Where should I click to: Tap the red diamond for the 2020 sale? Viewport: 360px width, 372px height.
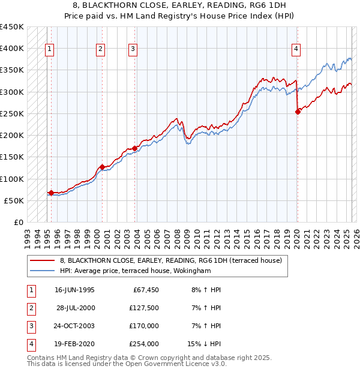pyautogui.click(x=298, y=112)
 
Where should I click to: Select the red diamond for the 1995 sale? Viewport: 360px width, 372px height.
pyautogui.click(x=51, y=193)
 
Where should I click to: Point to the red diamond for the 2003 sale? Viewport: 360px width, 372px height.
pyautogui.click(x=135, y=148)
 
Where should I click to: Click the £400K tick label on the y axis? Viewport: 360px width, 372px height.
pyautogui.click(x=12, y=48)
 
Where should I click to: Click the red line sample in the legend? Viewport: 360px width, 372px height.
pyautogui.click(x=42, y=260)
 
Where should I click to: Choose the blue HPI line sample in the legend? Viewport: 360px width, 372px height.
pyautogui.click(x=42, y=271)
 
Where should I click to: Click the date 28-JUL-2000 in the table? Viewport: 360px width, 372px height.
pyautogui.click(x=75, y=308)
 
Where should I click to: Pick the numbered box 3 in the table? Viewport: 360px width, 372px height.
pyautogui.click(x=30, y=326)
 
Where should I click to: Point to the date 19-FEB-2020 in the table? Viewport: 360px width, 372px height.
pyautogui.click(x=75, y=344)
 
